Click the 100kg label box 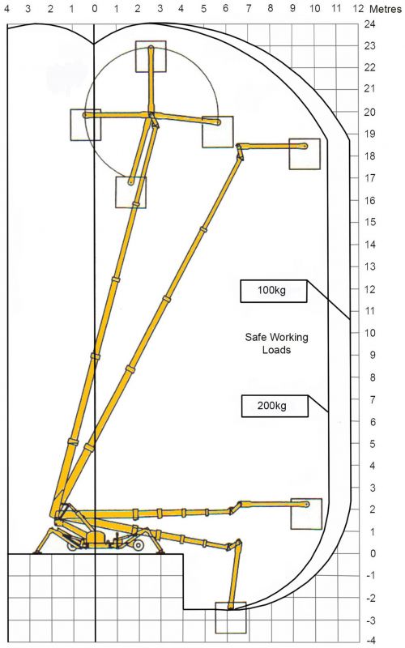click(x=274, y=290)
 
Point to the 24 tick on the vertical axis click(x=369, y=23)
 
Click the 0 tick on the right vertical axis click(x=369, y=553)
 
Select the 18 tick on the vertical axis click(x=369, y=156)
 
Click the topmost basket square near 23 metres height click(x=151, y=56)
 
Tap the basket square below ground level click(x=230, y=617)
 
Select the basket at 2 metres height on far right click(x=306, y=514)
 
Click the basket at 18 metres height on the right click(x=305, y=153)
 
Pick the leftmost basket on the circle click(x=86, y=125)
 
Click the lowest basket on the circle click(x=130, y=192)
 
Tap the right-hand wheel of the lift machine click(x=139, y=546)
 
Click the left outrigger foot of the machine click(x=36, y=552)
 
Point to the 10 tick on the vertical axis click(x=369, y=332)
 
